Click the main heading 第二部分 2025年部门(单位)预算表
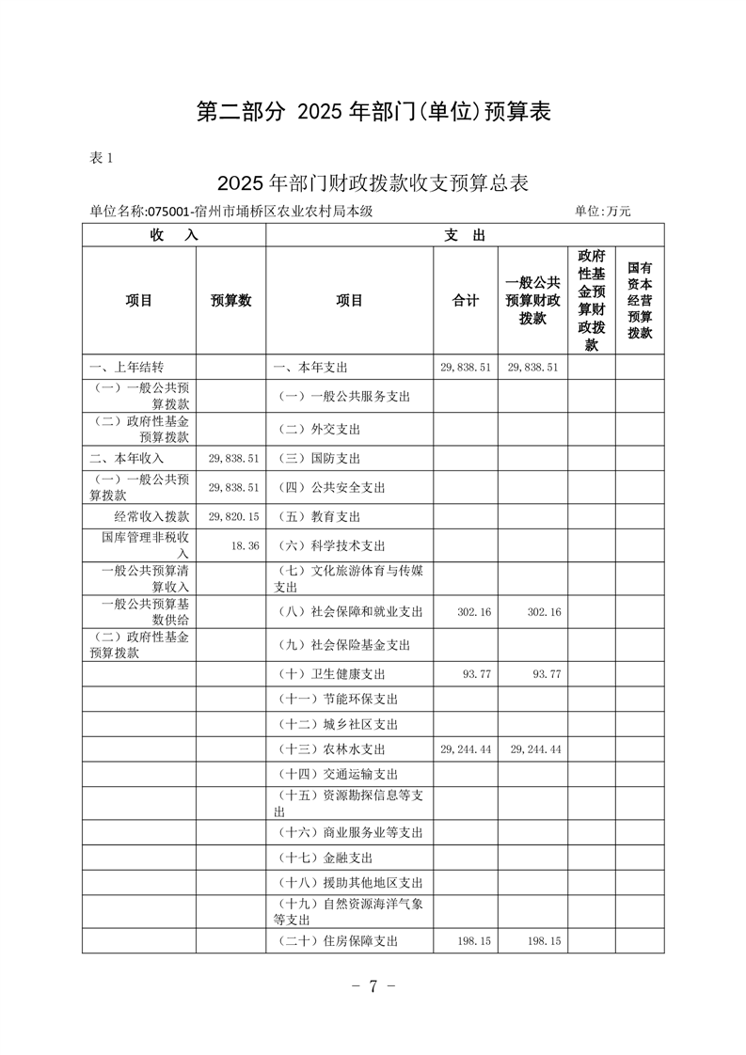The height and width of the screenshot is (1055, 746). click(x=373, y=112)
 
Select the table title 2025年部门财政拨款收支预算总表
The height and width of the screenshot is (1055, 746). click(x=373, y=182)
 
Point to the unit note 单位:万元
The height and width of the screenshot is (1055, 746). click(x=603, y=212)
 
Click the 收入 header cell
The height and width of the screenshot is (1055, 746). click(x=174, y=235)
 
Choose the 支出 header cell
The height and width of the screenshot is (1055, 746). click(x=465, y=235)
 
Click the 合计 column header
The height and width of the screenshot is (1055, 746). click(x=465, y=301)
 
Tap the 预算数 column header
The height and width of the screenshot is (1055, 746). click(x=230, y=301)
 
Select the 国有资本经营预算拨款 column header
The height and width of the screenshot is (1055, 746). click(x=640, y=301)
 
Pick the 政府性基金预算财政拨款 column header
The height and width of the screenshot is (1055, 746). click(x=591, y=301)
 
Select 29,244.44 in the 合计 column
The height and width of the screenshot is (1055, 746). click(x=466, y=749)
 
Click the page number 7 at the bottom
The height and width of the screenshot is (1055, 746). click(x=373, y=985)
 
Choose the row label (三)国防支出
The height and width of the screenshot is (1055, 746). click(x=319, y=459)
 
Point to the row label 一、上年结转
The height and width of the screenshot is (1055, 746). click(x=127, y=367)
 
